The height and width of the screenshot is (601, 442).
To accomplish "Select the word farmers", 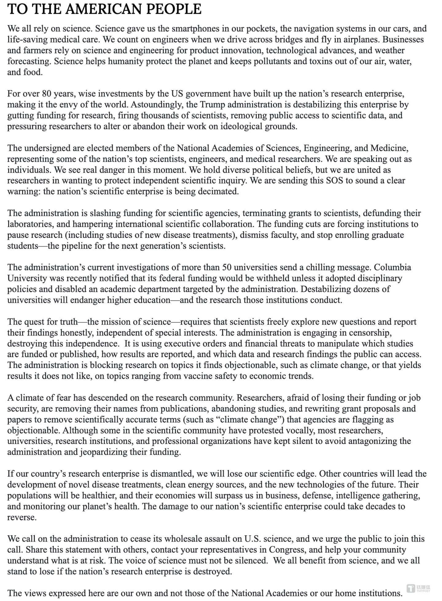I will tap(36, 50).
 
